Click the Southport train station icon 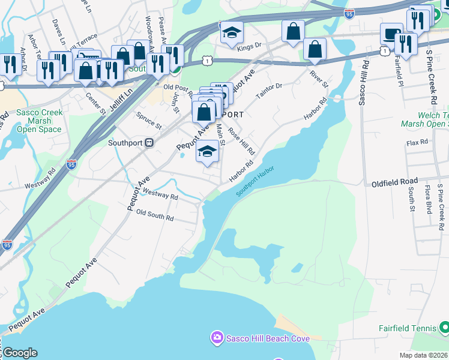tap(149, 143)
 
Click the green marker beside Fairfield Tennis tap(444, 328)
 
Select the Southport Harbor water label tap(255, 182)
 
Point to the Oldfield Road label tap(394, 181)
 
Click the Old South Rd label tap(155, 215)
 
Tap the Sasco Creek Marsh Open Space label tap(38, 121)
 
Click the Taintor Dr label tap(269, 91)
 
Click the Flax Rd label tap(417, 142)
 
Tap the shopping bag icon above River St tap(315, 49)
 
